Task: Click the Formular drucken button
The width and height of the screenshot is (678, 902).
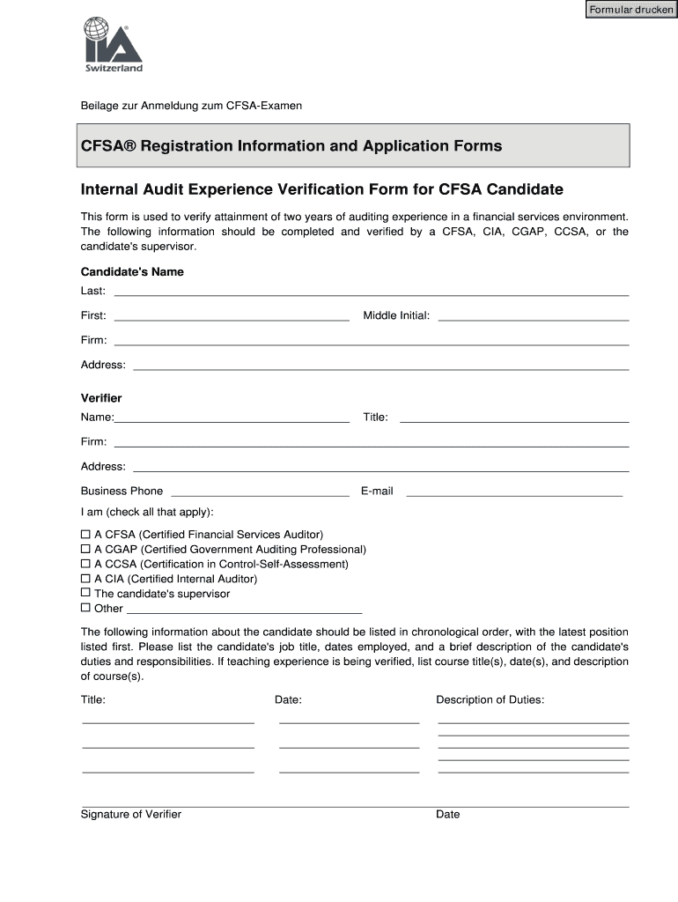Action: click(631, 10)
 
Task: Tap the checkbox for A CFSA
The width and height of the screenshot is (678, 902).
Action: click(85, 535)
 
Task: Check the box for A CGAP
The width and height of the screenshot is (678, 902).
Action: click(85, 550)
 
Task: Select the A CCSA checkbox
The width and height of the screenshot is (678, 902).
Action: click(85, 564)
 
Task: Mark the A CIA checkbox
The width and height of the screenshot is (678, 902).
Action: click(85, 579)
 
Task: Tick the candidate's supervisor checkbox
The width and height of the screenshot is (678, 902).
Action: click(85, 594)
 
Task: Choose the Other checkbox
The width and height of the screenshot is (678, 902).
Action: click(85, 608)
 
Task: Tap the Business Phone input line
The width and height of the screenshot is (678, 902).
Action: click(260, 491)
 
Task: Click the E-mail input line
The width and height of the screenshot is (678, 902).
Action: click(513, 491)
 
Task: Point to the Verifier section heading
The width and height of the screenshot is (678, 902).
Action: click(101, 398)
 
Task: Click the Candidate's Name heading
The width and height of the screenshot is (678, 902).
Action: click(132, 272)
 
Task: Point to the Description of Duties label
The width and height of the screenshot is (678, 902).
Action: click(490, 699)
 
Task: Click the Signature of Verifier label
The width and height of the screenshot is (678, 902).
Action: click(131, 814)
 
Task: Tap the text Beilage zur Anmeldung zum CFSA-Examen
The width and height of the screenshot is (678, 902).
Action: click(191, 106)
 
